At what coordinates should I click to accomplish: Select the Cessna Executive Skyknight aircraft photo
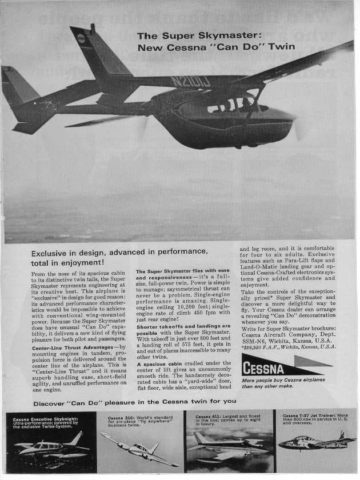coord(50,446)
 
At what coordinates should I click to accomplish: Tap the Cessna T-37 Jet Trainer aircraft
coord(313,442)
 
